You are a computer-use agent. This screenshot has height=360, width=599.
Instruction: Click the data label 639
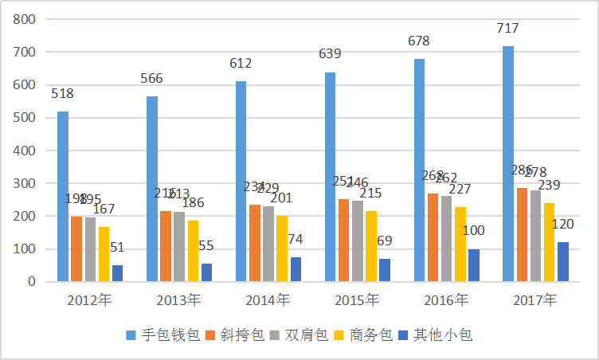[330, 54]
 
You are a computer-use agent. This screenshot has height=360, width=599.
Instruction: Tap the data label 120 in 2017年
[562, 225]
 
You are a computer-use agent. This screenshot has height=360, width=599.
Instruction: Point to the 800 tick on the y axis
[26, 19]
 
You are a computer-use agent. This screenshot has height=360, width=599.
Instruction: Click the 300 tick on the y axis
[26, 183]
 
